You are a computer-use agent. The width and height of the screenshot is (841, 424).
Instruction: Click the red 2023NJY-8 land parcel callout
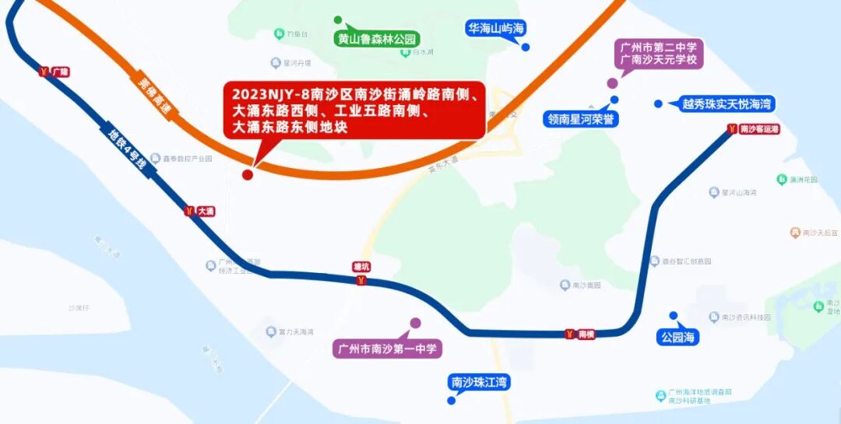pos(354,110)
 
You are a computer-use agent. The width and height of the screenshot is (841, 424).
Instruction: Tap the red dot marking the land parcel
pos(248,174)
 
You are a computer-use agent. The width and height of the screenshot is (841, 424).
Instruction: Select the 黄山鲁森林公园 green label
pos(378,39)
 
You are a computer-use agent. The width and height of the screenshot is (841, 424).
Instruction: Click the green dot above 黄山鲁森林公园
pos(337,19)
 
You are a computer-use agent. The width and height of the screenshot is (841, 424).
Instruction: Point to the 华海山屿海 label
pos(496,29)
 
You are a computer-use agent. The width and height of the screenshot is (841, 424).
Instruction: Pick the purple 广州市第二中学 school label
pos(659,53)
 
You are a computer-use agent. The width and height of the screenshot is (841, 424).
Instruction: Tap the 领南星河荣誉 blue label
pos(581,119)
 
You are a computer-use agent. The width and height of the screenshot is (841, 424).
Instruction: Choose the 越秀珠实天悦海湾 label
pos(727,103)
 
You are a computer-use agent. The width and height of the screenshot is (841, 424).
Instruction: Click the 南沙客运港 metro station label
pos(754,129)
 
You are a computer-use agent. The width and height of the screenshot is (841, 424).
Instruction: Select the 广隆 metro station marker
pos(54,72)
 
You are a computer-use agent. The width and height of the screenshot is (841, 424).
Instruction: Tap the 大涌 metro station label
pos(200,211)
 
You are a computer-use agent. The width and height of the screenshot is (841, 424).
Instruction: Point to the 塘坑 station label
pos(361,267)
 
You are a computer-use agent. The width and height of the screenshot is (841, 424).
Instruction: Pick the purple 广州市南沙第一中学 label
pos(387,348)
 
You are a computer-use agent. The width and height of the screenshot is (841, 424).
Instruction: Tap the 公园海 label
pos(677,337)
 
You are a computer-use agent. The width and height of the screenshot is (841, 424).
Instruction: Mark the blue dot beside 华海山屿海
pos(526,47)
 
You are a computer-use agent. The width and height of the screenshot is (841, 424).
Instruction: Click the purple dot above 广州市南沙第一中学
pos(415,323)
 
